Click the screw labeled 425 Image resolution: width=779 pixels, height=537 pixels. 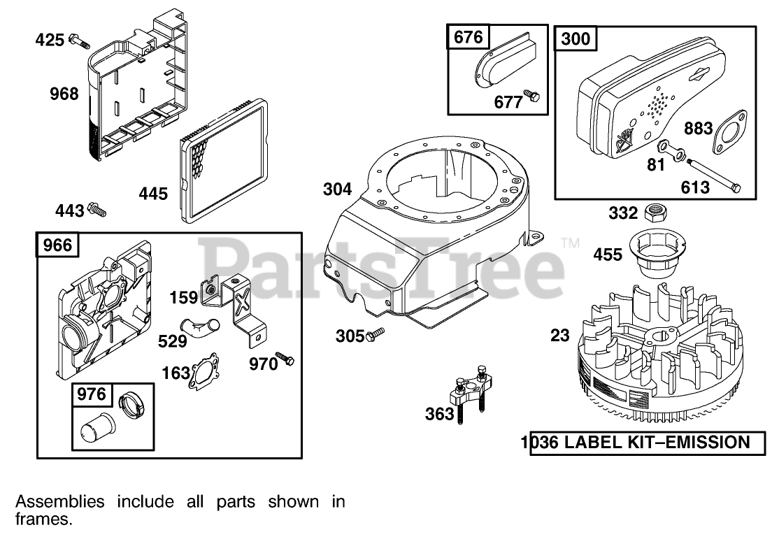pyautogui.click(x=80, y=41)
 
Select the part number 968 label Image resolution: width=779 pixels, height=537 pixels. pyautogui.click(x=64, y=93)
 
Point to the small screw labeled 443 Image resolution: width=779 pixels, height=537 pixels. pyautogui.click(x=97, y=209)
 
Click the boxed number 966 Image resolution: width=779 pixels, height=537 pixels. pyautogui.click(x=57, y=245)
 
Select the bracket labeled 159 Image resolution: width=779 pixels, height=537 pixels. pyautogui.click(x=238, y=308)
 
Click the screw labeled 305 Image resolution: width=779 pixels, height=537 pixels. pyautogui.click(x=374, y=336)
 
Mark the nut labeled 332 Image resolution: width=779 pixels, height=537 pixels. pyautogui.click(x=655, y=210)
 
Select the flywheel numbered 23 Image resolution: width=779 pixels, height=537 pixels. pyautogui.click(x=650, y=364)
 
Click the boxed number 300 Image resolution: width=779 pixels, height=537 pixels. pyautogui.click(x=576, y=39)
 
